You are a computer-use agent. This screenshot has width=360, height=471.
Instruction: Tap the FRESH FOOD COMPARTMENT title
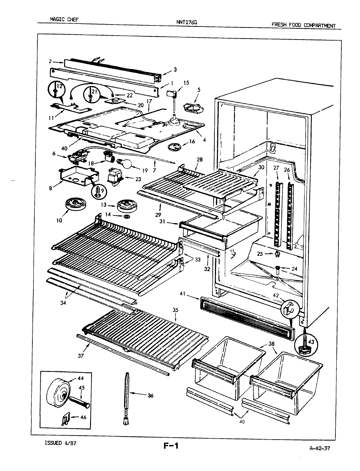[303, 26]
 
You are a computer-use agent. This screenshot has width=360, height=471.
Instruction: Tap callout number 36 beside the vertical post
[150, 395]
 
